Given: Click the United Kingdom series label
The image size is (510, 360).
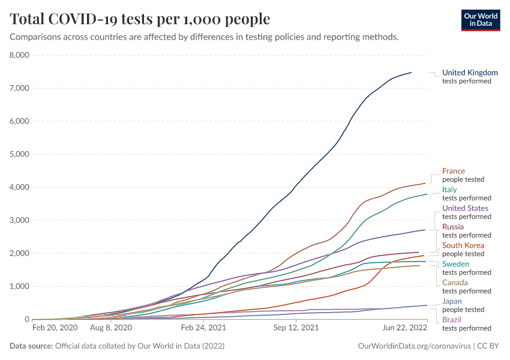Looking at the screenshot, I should pos(470,73).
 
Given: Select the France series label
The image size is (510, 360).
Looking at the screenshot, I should pos(454,171).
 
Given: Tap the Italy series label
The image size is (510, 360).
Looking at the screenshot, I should pos(449,190).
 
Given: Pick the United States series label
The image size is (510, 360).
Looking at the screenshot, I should pos(465,208).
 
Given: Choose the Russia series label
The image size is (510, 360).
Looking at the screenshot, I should pos(453,227).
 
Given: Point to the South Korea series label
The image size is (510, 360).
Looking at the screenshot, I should pos(463,245).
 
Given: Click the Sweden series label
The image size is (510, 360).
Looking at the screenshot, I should pos(456,264).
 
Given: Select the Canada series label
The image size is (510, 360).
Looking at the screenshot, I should pos(455,283).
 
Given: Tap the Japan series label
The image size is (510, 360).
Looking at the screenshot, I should pos(452,301).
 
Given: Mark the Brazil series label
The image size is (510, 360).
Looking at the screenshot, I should pos(452,320).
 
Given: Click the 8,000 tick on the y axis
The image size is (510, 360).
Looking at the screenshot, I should pos(20,55).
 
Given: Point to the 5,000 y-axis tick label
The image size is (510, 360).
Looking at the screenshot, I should pos(20,154).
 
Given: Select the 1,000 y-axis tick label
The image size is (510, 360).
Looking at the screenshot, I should pos(20,286).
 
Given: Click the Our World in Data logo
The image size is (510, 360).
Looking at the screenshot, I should pos(481,19).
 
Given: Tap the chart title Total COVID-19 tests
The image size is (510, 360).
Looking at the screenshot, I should pos(140,19).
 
